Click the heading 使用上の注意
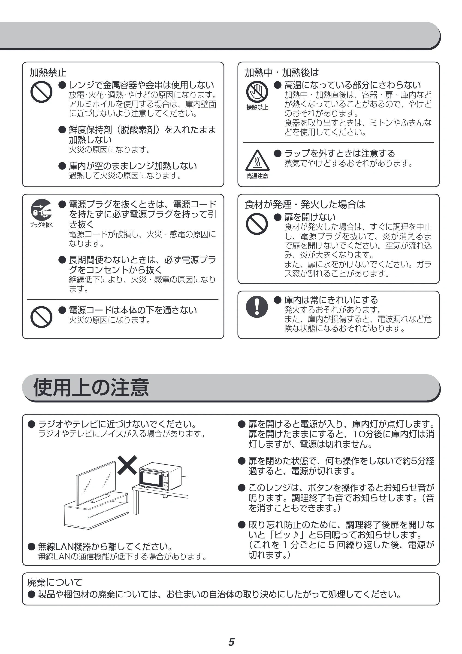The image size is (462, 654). (91, 388)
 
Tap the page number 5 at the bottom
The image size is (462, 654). (231, 642)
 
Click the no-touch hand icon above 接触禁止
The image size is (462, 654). (257, 92)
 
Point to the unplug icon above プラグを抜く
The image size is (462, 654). (41, 210)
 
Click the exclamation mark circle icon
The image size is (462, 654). (257, 307)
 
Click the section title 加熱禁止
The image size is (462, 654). (48, 73)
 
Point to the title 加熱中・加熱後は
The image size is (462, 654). (282, 73)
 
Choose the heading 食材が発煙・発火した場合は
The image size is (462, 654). (305, 205)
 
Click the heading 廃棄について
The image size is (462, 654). (55, 582)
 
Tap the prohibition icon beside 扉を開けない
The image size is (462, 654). (257, 224)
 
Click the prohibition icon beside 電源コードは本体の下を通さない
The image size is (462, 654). (41, 317)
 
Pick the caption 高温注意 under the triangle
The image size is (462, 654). (257, 176)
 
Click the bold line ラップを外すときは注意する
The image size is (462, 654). (340, 154)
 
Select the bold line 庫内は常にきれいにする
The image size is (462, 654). (331, 300)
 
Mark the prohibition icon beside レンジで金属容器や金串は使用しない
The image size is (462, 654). (41, 92)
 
